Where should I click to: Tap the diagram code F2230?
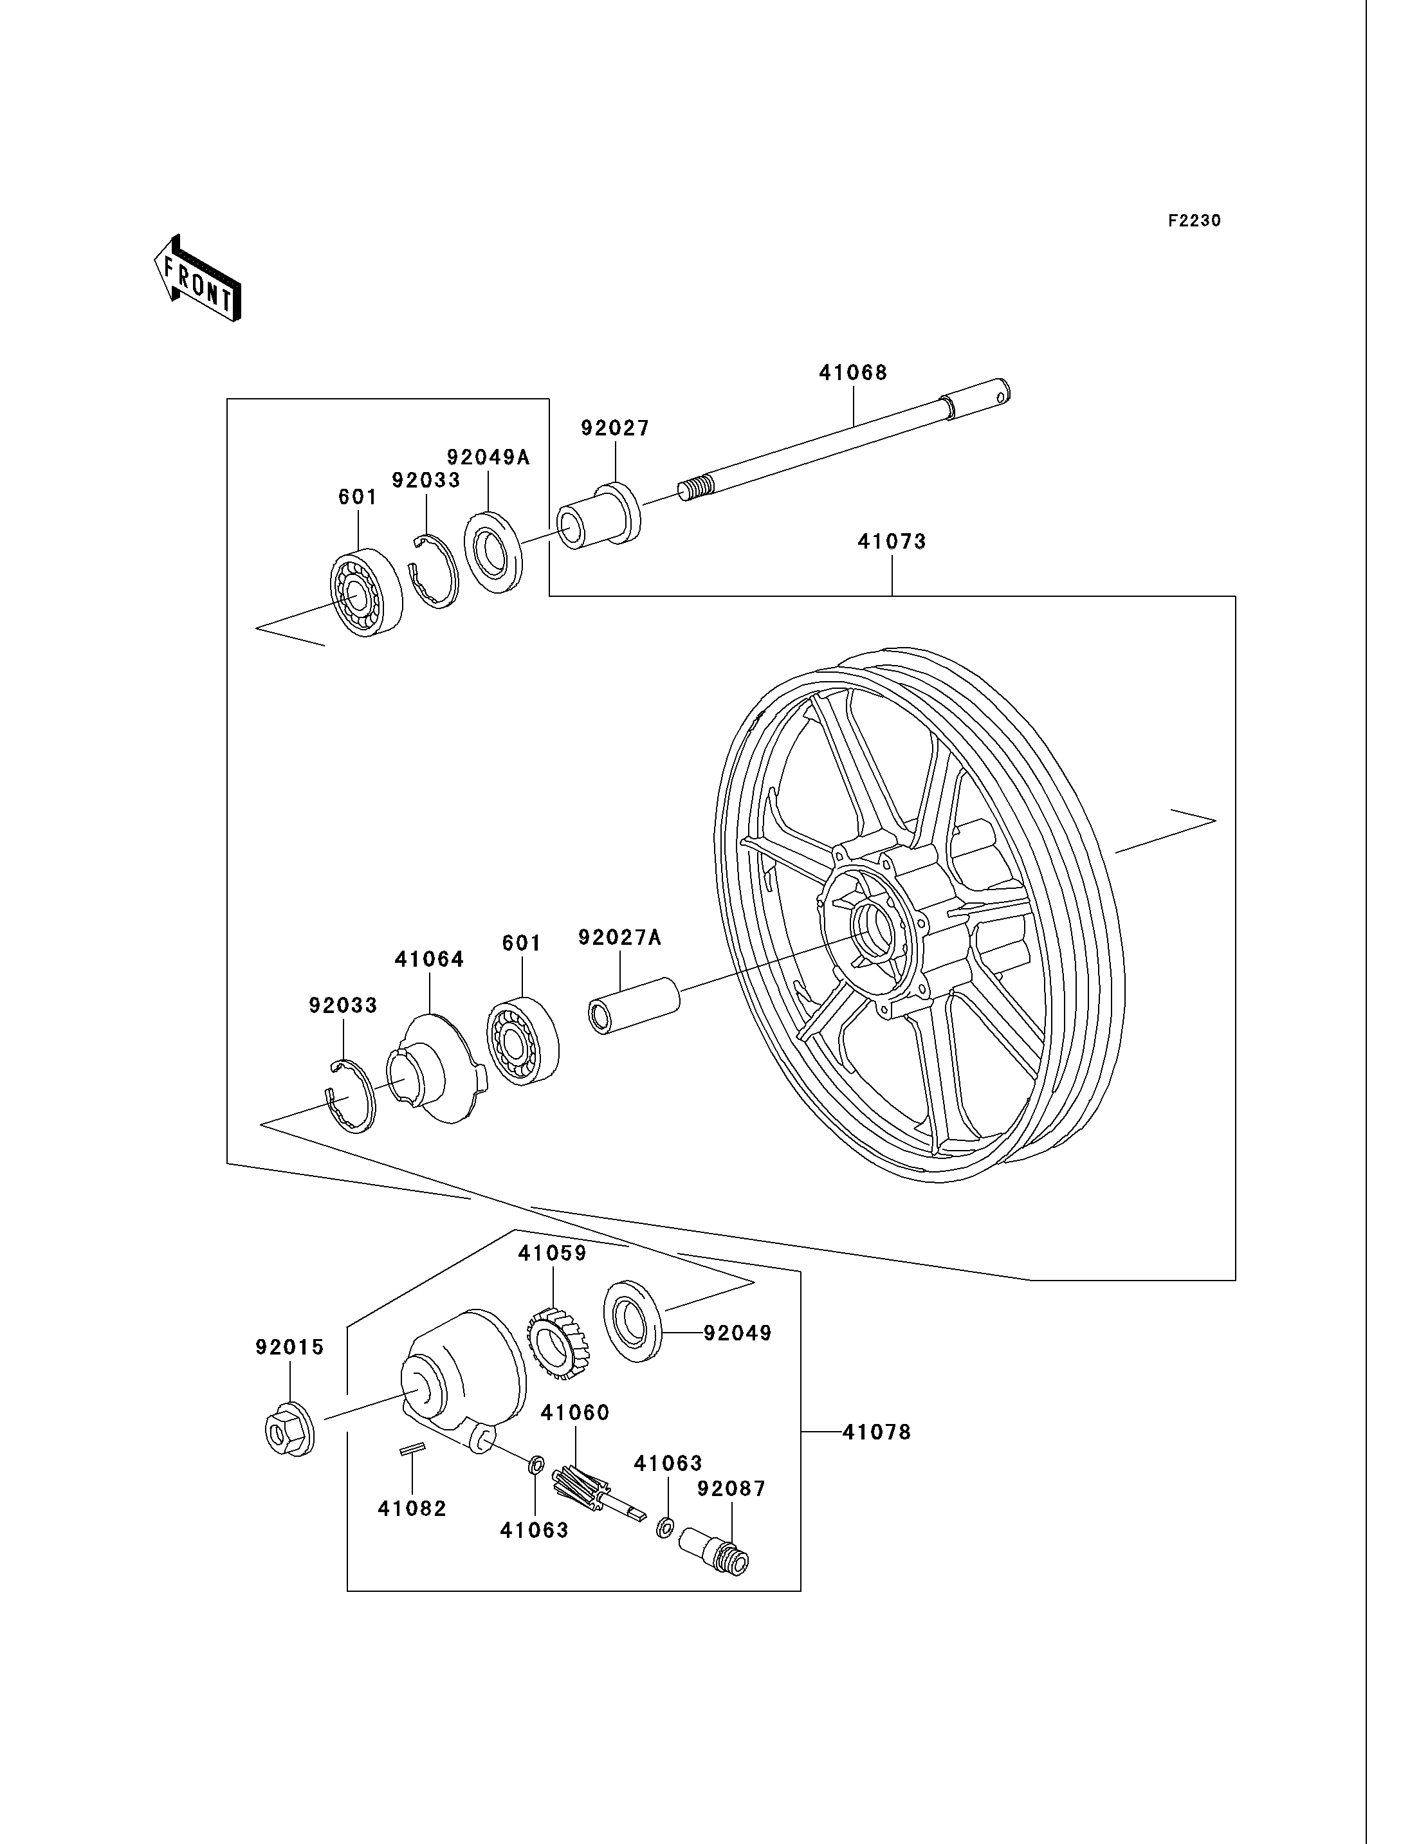(x=1195, y=221)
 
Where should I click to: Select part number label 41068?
(x=853, y=372)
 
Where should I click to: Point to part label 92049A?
(x=488, y=457)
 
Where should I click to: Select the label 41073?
(x=892, y=542)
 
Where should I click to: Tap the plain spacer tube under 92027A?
(x=634, y=1005)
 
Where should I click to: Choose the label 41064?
(x=430, y=960)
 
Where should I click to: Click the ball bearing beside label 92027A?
(x=523, y=1040)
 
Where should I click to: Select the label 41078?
(x=876, y=1433)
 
